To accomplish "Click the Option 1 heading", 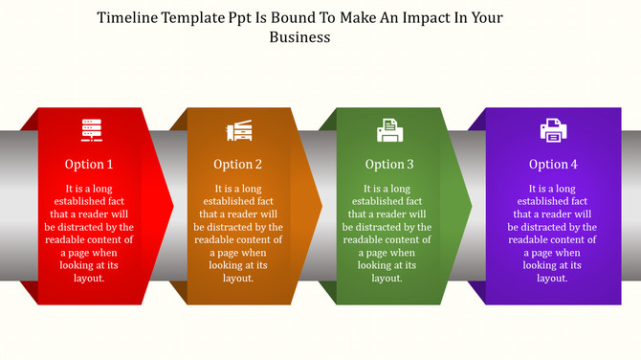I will (89, 164).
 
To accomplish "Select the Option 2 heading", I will (237, 164).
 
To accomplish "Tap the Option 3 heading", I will (389, 164).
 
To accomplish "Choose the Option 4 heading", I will (554, 164).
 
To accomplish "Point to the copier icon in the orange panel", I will (238, 130).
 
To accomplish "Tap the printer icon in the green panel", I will (388, 129).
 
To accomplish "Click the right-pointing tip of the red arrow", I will (172, 205).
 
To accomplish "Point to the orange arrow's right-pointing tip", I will (321, 205).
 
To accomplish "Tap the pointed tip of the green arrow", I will (471, 205).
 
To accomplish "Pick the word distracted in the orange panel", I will (239, 227).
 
